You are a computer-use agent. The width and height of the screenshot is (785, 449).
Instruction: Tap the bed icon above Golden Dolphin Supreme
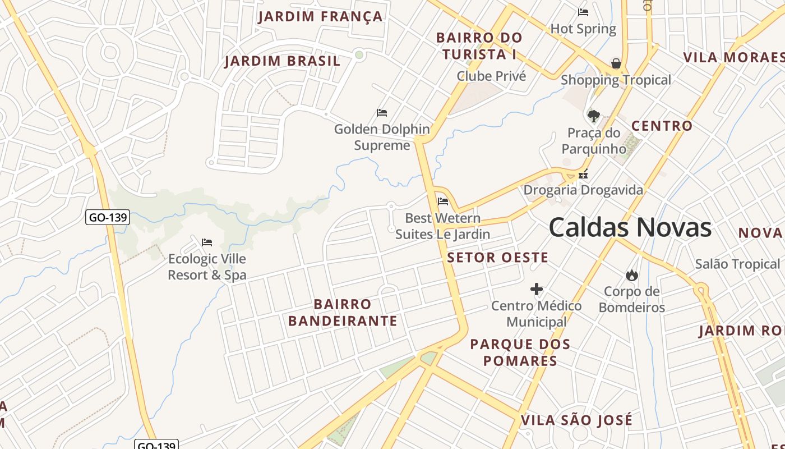tap(382, 113)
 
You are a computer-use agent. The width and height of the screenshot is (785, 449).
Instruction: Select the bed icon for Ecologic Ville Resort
tap(207, 242)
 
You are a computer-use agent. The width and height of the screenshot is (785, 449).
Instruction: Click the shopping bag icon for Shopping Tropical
tap(616, 63)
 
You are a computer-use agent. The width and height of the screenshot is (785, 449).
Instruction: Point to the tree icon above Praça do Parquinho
tap(593, 116)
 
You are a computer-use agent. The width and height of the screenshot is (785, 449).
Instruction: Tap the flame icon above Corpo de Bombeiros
tap(632, 275)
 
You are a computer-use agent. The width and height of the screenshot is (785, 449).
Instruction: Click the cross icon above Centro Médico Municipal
tap(537, 290)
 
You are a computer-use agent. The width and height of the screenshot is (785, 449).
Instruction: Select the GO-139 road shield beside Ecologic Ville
tap(108, 217)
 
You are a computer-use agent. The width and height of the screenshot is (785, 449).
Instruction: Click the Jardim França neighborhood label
tap(320, 16)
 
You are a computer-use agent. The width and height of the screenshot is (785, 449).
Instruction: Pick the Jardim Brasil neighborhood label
tap(283, 61)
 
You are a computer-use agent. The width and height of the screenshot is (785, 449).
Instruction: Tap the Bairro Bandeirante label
tap(343, 313)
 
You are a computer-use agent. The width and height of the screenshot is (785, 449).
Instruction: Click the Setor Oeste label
tap(497, 258)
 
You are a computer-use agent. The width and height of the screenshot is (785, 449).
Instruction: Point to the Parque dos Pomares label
tap(520, 352)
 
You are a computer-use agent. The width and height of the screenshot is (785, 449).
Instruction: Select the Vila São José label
tap(576, 420)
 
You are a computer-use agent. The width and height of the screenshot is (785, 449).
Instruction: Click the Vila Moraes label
tap(733, 57)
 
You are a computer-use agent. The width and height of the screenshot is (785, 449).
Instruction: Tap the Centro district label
tap(662, 126)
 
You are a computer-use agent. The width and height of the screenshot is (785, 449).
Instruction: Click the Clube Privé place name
tap(491, 76)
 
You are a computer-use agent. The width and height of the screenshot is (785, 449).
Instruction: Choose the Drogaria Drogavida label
tap(583, 190)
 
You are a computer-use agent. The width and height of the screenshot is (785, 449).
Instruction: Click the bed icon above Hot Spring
tap(583, 12)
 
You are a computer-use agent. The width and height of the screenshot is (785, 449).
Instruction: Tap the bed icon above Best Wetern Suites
tap(443, 201)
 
